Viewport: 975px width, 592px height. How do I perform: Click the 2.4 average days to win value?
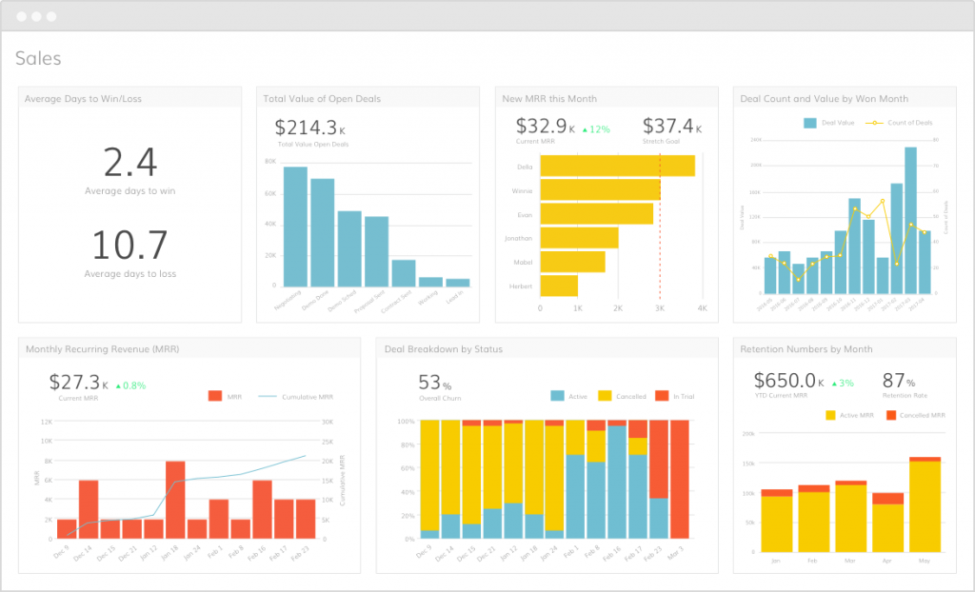pyautogui.click(x=129, y=164)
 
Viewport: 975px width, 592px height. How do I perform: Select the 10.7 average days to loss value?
pyautogui.click(x=129, y=246)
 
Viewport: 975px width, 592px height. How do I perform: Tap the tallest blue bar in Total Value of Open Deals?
pyautogui.click(x=295, y=226)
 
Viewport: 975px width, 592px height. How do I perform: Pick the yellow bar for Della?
pyautogui.click(x=617, y=166)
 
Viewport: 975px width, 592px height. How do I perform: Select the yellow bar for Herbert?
pyautogui.click(x=559, y=285)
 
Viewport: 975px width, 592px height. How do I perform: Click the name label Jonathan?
pyautogui.click(x=518, y=238)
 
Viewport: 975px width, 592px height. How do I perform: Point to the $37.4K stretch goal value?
pyautogui.click(x=670, y=126)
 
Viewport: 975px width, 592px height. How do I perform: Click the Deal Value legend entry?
pyautogui.click(x=831, y=123)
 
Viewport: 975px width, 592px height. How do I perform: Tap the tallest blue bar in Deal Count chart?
pyautogui.click(x=910, y=220)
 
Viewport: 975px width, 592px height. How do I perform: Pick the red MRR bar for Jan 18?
pyautogui.click(x=174, y=500)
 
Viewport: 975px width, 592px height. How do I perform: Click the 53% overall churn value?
pyautogui.click(x=434, y=382)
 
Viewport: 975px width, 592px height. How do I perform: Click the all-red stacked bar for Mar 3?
pyautogui.click(x=679, y=480)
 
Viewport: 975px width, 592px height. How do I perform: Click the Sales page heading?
pyautogui.click(x=38, y=59)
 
